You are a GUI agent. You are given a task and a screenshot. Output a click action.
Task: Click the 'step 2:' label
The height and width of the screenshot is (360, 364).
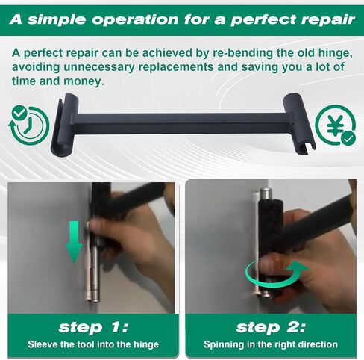271,326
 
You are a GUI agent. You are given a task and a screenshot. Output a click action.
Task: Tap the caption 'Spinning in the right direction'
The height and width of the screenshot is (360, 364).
271,344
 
